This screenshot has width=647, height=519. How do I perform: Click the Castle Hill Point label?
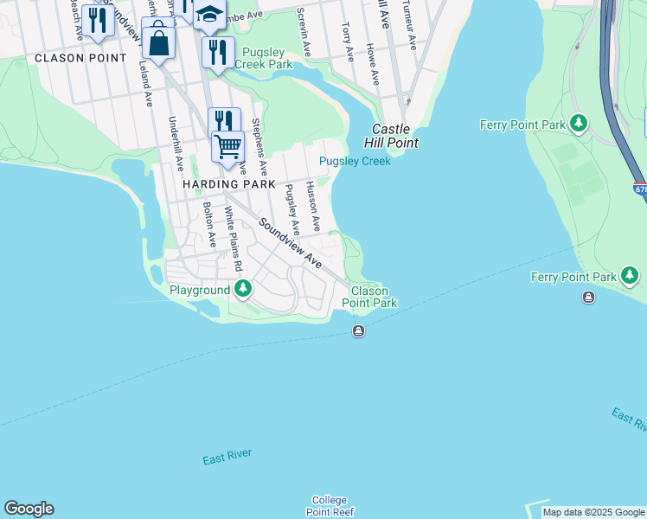pyautogui.click(x=395, y=135)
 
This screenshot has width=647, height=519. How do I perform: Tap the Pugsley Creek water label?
pyautogui.click(x=355, y=161)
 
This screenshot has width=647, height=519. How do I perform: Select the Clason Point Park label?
pyautogui.click(x=369, y=297)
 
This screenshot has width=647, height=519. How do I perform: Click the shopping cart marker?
pyautogui.click(x=227, y=146)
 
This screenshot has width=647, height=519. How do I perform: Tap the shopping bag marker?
pyautogui.click(x=158, y=42)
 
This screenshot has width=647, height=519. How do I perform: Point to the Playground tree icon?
pyautogui.click(x=244, y=288)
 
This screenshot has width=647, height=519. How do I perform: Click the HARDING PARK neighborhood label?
pyautogui.click(x=228, y=184)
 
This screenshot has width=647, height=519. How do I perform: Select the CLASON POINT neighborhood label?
pyautogui.click(x=80, y=58)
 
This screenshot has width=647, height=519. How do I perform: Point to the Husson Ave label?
pyautogui.click(x=314, y=206)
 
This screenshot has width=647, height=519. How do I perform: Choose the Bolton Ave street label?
pyautogui.click(x=208, y=224)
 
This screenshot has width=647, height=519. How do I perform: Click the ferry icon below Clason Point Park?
pyautogui.click(x=358, y=332)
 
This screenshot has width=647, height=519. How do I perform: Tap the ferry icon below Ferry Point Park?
pyautogui.click(x=589, y=298)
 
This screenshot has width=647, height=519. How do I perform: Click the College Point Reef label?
pyautogui.click(x=329, y=506)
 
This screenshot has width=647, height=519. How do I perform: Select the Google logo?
pyautogui.click(x=29, y=509)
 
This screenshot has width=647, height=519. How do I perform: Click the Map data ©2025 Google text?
pyautogui.click(x=593, y=512)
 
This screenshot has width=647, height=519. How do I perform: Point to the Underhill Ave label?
pyautogui.click(x=176, y=144)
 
